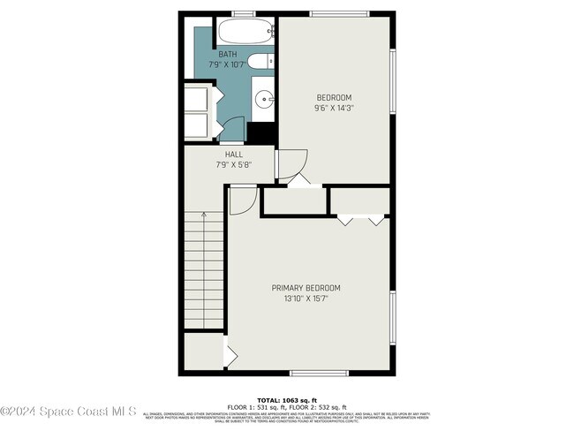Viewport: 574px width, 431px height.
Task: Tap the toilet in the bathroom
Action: click(260, 61)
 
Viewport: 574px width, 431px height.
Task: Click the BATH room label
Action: click(228, 54)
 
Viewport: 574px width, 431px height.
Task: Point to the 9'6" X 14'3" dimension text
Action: click(335, 108)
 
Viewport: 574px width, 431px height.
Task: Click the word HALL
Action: click(233, 154)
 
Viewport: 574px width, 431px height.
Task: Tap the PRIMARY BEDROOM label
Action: click(306, 288)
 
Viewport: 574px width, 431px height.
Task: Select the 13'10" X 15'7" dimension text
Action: click(306, 299)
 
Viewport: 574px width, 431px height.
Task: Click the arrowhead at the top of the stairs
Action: click(204, 214)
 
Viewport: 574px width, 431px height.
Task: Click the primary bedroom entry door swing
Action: click(238, 201)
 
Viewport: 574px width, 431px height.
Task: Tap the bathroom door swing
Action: click(230, 129)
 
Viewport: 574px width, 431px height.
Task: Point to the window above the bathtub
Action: click(242, 13)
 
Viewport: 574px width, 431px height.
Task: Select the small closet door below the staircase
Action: click(230, 355)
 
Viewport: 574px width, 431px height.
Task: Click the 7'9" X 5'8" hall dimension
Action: click(233, 164)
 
